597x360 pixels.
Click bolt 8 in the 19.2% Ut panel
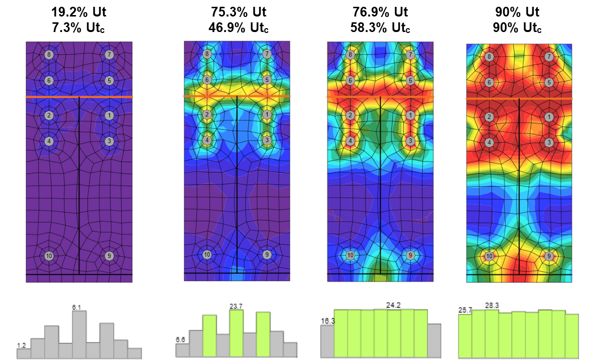coord(49,55)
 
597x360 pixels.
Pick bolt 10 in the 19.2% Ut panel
coord(49,256)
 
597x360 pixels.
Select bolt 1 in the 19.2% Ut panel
coord(109,115)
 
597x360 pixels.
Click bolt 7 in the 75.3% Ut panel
coord(267,54)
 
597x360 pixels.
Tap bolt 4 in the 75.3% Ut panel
coord(207,140)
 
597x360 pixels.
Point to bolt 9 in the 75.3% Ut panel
coord(266,254)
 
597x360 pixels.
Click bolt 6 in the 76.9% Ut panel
coord(351,81)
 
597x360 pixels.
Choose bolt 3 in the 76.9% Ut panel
coord(410,141)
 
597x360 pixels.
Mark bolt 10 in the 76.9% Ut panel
coord(350,255)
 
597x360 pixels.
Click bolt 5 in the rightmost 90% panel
coord(549,82)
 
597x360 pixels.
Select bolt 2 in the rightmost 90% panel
coord(489,117)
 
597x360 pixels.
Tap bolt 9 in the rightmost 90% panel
coord(549,256)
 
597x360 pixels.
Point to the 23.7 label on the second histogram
coord(236,306)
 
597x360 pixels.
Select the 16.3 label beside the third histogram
coord(327,321)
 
